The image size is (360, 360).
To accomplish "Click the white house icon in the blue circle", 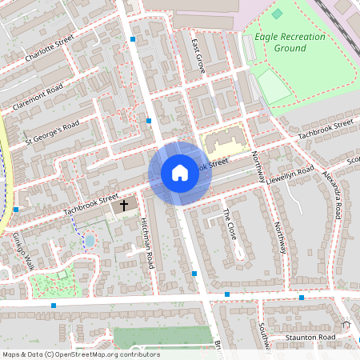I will pos(179,173).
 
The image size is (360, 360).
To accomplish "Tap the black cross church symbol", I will pos(123,206).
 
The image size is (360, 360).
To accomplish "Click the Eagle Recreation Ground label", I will pos(290,42).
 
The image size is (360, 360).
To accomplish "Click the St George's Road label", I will pos(52,134).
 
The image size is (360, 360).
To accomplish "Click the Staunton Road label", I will pos(311,338).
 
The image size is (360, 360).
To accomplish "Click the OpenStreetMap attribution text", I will pos(81,354).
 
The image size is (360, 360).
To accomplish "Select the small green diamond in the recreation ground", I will pos(277,14).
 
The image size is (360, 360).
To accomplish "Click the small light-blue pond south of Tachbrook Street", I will pos(90,239).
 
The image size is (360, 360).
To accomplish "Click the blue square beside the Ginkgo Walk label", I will pos(16,210).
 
